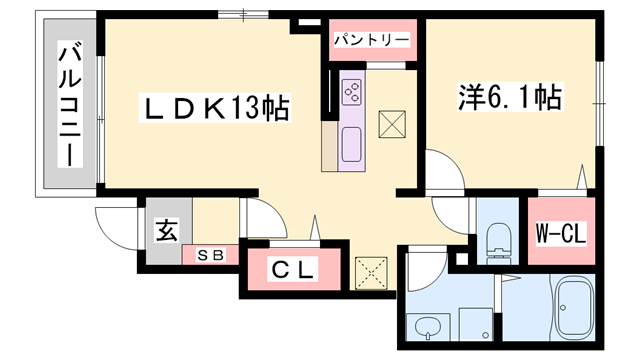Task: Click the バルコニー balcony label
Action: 70,105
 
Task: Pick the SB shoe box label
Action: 209,254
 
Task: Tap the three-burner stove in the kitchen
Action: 353,92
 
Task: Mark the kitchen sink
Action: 352,145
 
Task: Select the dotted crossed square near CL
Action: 370,270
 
